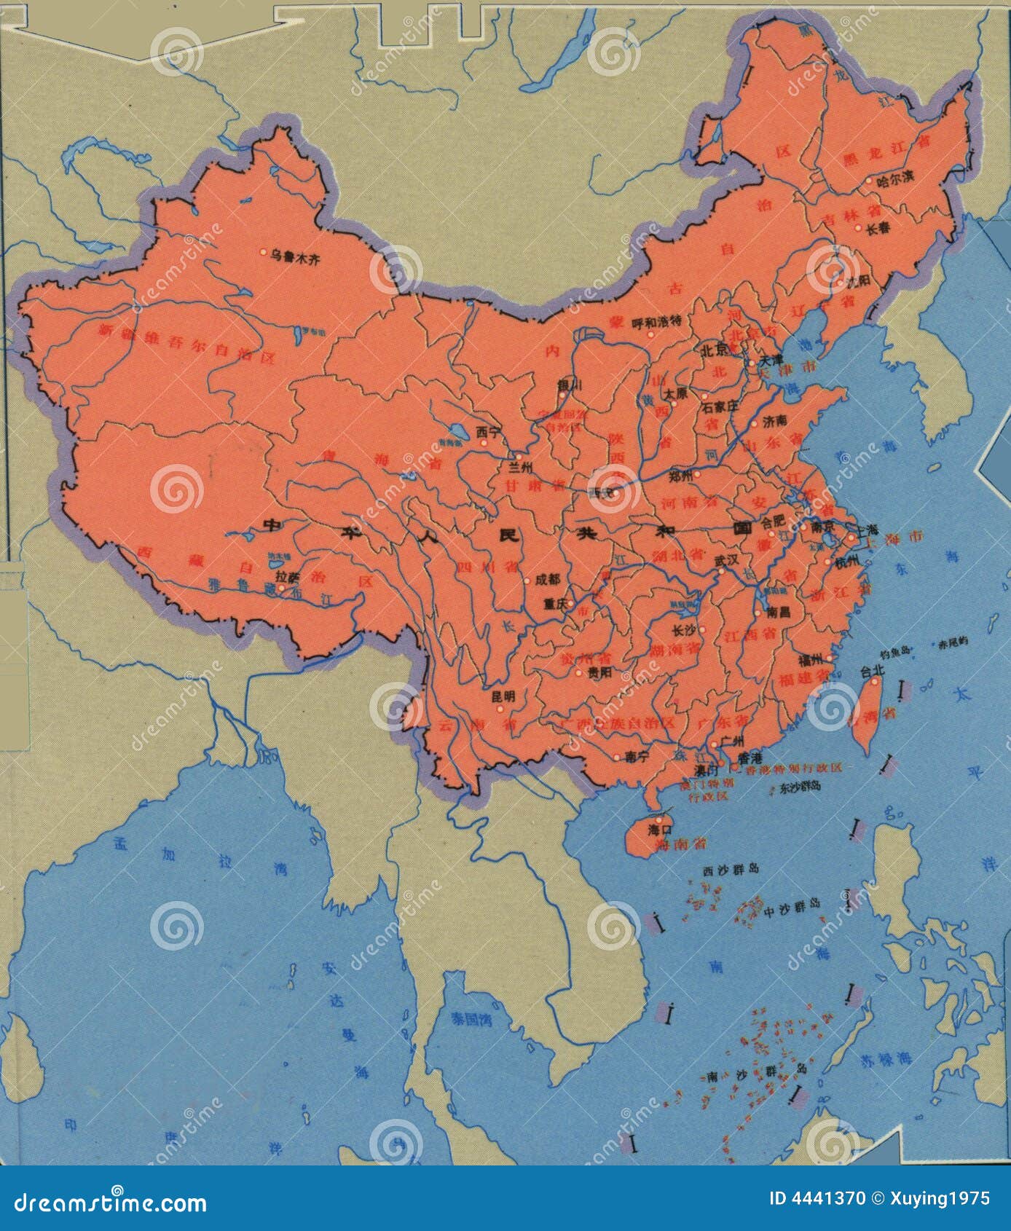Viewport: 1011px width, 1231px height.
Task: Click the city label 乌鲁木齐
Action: tap(295, 255)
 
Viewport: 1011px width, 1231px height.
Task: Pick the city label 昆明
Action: tap(503, 696)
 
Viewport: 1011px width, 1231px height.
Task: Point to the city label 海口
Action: tap(660, 829)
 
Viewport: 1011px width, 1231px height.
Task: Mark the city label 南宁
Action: tap(636, 757)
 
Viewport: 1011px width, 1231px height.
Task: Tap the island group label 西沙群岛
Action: tap(731, 870)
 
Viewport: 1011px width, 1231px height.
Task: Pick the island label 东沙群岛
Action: tap(800, 787)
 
